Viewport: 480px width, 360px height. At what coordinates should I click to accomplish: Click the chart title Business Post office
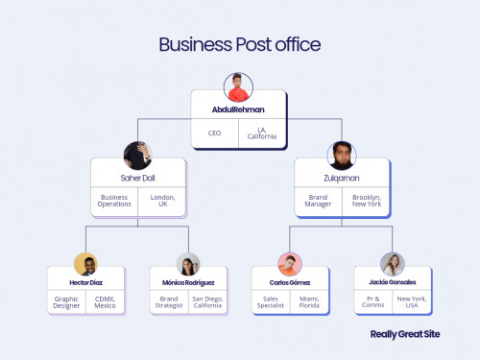point(239,44)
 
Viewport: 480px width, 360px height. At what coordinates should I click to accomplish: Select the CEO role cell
point(214,132)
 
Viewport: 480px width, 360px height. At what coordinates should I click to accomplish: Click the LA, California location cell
point(264,132)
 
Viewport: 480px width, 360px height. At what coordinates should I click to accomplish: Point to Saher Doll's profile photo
point(138,155)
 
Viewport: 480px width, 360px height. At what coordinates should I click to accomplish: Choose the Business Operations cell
point(114,203)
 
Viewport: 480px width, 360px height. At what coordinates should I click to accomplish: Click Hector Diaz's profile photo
point(86,265)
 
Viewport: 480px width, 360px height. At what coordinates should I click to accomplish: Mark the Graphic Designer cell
point(67,303)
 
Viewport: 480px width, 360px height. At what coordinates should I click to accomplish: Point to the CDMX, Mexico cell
point(106,303)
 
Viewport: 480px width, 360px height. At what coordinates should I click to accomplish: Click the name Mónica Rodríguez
point(188,282)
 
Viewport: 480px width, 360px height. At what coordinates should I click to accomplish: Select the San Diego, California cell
point(207,303)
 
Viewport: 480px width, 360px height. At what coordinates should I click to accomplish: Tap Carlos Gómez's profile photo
point(291,265)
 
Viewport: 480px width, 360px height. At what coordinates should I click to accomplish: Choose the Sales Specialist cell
point(272,303)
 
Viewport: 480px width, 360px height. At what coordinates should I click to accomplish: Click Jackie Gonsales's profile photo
point(392,265)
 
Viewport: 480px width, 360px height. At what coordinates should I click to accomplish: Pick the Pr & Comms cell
point(372,303)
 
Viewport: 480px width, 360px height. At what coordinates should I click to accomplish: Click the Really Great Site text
point(405,336)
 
